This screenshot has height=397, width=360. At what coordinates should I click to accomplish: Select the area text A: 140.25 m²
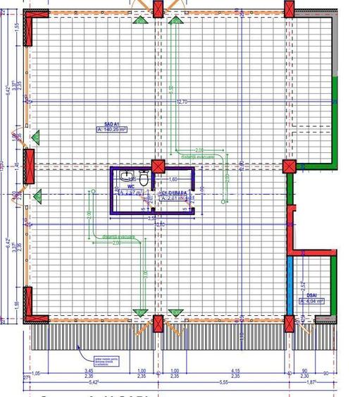(111, 129)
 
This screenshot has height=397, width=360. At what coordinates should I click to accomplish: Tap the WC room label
(130, 187)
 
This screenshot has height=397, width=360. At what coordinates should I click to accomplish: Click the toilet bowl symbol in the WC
(143, 176)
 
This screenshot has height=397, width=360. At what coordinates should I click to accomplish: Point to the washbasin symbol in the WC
(125, 176)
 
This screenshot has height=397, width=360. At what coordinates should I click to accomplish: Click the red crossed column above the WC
(158, 167)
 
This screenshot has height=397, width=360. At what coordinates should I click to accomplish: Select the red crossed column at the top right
(289, 9)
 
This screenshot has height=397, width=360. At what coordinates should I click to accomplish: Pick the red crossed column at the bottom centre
(158, 324)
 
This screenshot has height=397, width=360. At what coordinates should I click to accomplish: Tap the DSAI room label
(311, 295)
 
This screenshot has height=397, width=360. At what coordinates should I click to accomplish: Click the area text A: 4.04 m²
(311, 301)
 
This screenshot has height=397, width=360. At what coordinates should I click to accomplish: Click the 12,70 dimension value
(182, 102)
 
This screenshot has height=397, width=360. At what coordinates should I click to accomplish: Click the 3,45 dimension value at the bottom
(89, 371)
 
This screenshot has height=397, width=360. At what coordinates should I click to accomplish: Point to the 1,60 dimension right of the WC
(173, 179)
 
